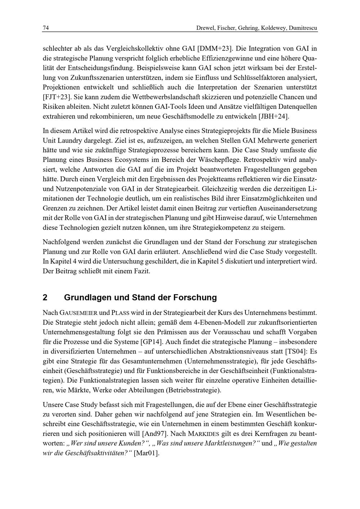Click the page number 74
(46, 28)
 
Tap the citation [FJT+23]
(56, 97)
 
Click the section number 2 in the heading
(45, 297)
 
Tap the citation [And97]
(155, 433)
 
